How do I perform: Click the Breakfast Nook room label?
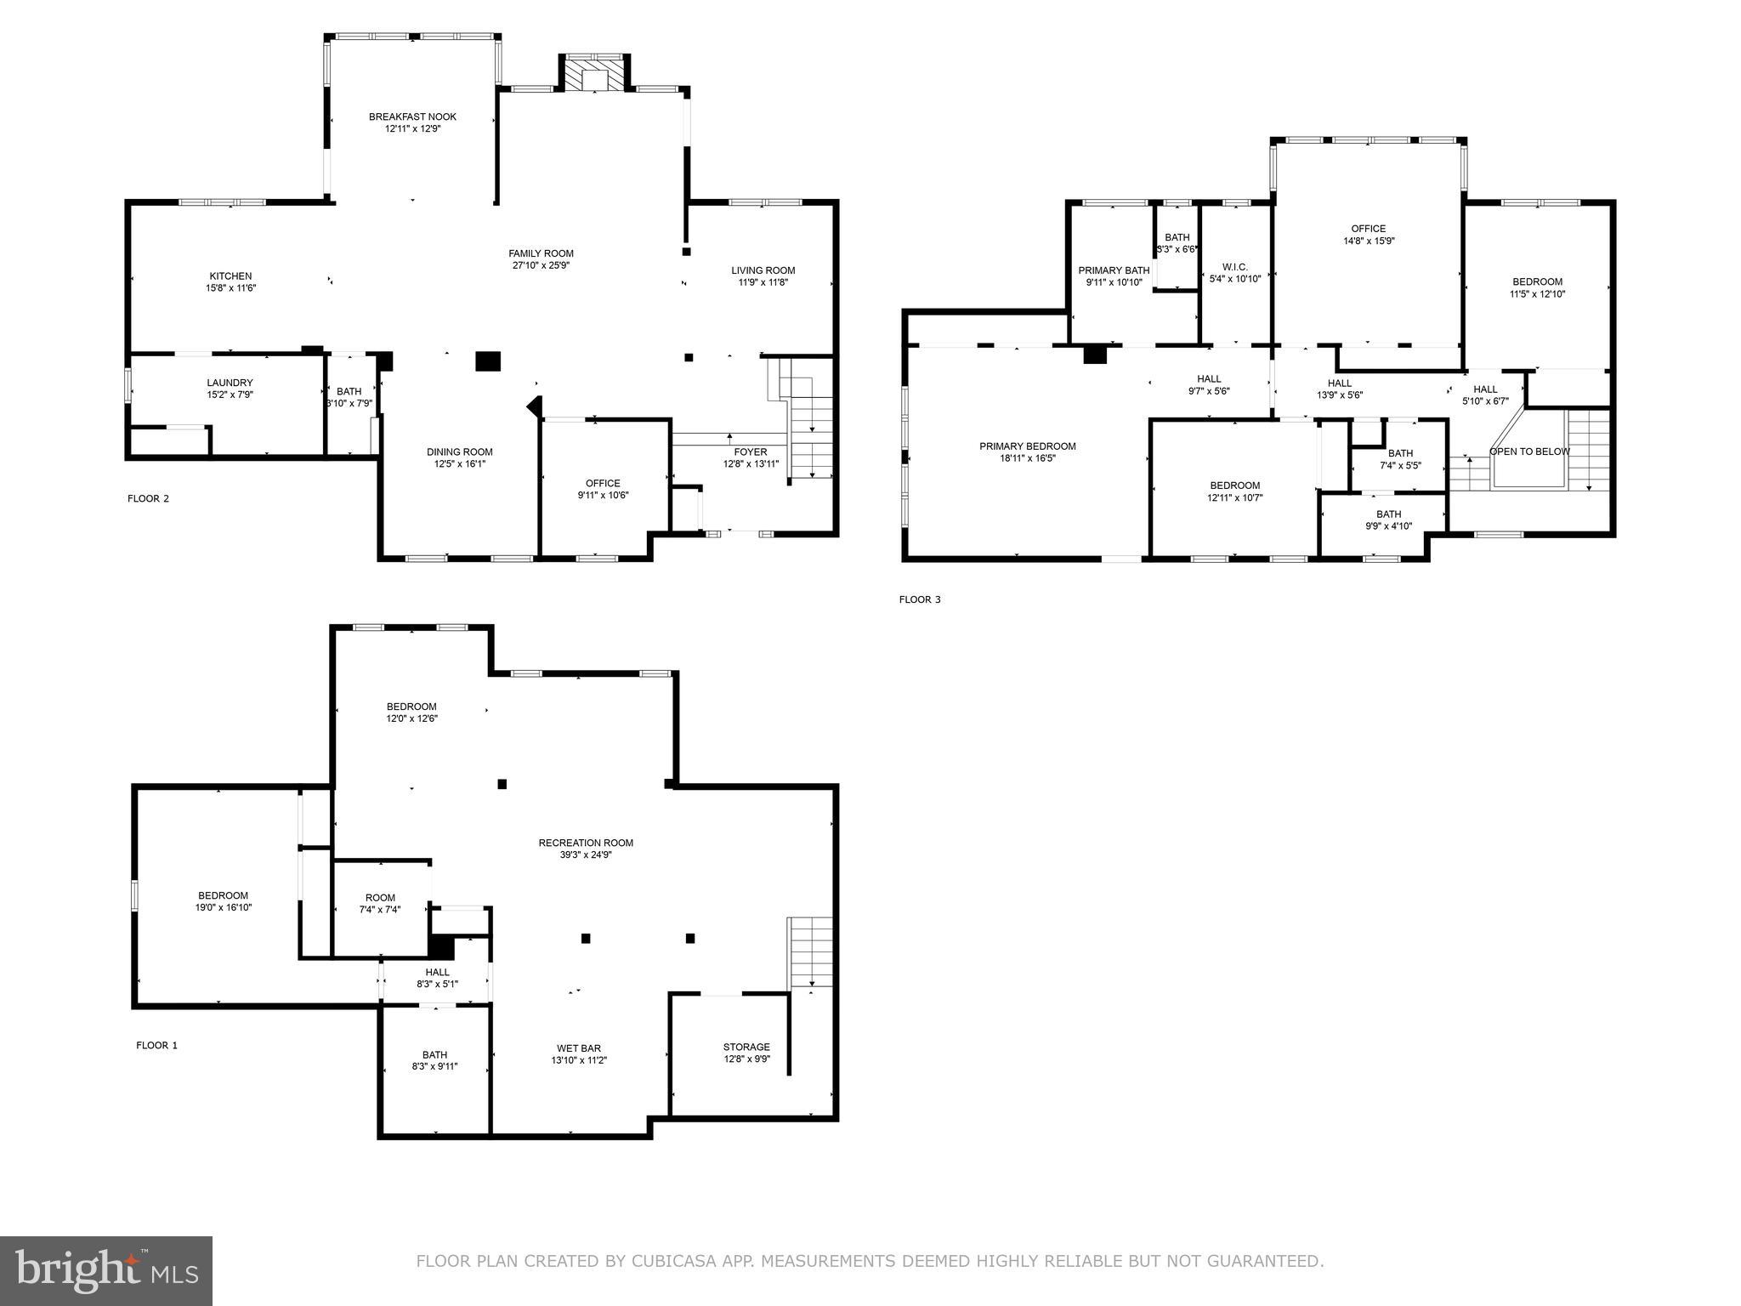[x=412, y=117]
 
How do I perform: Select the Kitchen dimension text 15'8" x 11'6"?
[x=230, y=288]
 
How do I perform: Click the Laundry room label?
[x=230, y=383]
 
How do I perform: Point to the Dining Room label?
[x=459, y=452]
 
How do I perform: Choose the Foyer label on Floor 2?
[x=750, y=452]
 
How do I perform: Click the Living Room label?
[x=763, y=271]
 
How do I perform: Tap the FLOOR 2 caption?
[x=148, y=498]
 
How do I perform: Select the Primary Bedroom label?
[x=1027, y=446]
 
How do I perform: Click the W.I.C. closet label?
[x=1234, y=267]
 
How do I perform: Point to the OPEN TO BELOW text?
[x=1528, y=451]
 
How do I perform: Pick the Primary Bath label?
[x=1114, y=271]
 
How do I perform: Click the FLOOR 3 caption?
[x=920, y=599]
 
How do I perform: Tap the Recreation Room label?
[x=586, y=843]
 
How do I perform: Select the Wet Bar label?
[x=579, y=1048]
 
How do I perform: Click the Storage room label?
[x=746, y=1048]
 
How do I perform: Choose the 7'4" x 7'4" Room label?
[x=380, y=898]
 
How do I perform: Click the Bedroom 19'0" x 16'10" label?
[x=224, y=895]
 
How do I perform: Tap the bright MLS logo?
[x=106, y=1270]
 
